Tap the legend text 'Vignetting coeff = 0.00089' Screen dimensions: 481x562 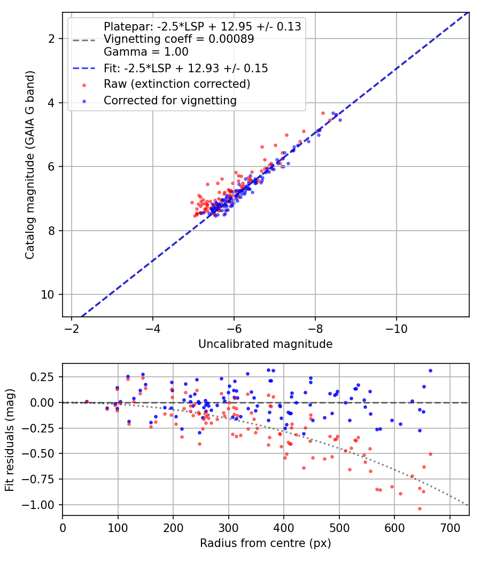tap(179, 39)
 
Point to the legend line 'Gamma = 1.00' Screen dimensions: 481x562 tap(146, 52)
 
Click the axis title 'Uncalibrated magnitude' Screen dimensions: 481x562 tap(266, 344)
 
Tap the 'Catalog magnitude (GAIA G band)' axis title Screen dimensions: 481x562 tap(30, 165)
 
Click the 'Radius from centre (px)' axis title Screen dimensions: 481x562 tap(266, 543)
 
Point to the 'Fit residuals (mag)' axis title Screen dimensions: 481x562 tap(10, 440)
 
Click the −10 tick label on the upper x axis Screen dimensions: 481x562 tap(396, 328)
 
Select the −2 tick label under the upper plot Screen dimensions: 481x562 tap(72, 328)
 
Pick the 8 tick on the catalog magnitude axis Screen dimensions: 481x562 tap(51, 231)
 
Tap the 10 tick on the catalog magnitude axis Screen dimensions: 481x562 tap(48, 294)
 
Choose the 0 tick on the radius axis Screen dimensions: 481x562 tap(63, 528)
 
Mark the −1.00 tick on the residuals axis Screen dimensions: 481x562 tap(38, 505)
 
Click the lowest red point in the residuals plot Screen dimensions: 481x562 tap(420, 508)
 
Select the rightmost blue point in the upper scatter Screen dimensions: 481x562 tap(340, 120)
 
